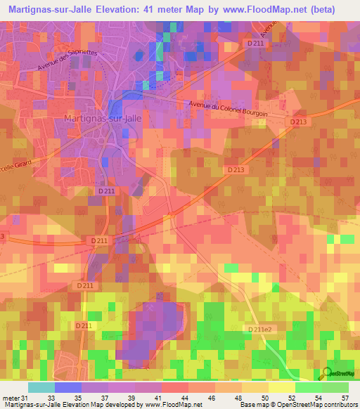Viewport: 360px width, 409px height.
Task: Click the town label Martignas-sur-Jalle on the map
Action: tap(102, 118)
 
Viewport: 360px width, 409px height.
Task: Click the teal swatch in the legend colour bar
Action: tap(41, 387)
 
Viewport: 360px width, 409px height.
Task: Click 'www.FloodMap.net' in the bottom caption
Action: tap(171, 404)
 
